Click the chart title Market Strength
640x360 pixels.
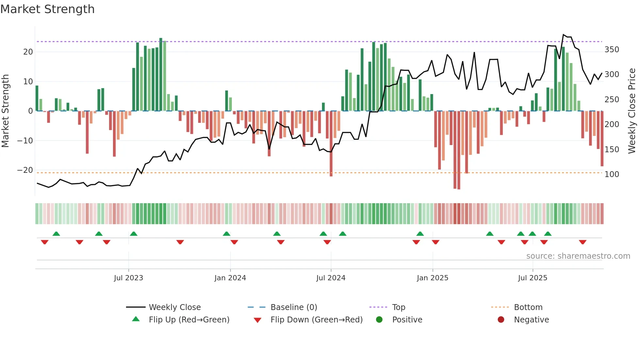(x=47, y=9)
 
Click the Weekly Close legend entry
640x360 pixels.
(x=174, y=307)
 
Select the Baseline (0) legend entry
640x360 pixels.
(x=294, y=307)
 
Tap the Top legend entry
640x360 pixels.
(x=398, y=307)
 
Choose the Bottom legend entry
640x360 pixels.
(x=528, y=307)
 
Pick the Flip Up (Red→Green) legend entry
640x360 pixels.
(x=189, y=319)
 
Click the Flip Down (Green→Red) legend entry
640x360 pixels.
(x=316, y=319)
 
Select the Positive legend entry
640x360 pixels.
(x=407, y=319)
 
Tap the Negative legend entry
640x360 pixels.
(x=531, y=319)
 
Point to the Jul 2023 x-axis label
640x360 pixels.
(x=128, y=278)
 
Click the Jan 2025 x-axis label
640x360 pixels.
(x=432, y=278)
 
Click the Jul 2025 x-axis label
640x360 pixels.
(x=532, y=278)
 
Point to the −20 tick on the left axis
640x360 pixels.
(x=25, y=170)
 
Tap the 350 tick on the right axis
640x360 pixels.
(x=612, y=50)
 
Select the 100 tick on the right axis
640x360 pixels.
(x=612, y=174)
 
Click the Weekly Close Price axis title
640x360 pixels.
(x=632, y=111)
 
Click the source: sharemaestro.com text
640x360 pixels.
(x=578, y=256)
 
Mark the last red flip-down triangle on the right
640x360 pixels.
(x=583, y=242)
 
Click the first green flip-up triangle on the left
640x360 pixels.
(x=56, y=234)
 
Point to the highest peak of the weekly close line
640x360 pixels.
(x=563, y=35)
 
